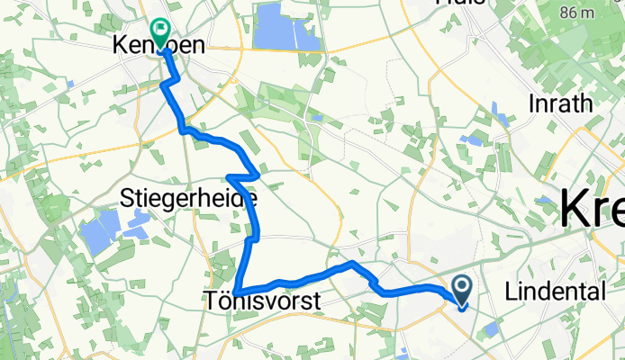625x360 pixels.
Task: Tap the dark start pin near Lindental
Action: point(462,290)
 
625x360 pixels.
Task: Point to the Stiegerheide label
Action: point(188,198)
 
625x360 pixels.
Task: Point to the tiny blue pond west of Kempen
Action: point(69,84)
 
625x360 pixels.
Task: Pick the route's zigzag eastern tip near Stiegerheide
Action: point(260,174)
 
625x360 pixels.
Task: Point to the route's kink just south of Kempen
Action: point(166,84)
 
